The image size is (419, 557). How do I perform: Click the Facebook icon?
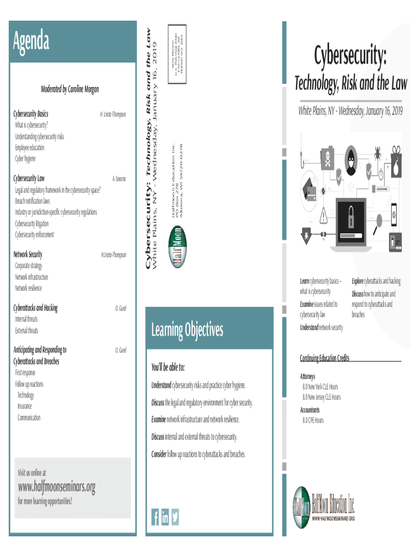pyautogui.click(x=155, y=517)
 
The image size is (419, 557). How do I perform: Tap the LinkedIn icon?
pyautogui.click(x=165, y=517)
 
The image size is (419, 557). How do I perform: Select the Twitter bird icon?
pyautogui.click(x=175, y=517)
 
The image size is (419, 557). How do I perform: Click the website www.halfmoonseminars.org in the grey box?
pyautogui.click(x=57, y=486)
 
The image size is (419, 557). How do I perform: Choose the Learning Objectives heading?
pyautogui.click(x=187, y=330)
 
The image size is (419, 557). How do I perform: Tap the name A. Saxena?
pyautogui.click(x=119, y=178)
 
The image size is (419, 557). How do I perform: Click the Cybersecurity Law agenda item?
pyautogui.click(x=30, y=178)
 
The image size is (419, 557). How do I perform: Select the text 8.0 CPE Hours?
pyautogui.click(x=313, y=420)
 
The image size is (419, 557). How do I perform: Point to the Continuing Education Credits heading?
pyautogui.click(x=324, y=358)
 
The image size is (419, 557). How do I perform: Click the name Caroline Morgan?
pyautogui.click(x=83, y=89)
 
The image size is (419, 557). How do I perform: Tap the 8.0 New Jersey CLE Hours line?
pyautogui.click(x=322, y=397)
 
